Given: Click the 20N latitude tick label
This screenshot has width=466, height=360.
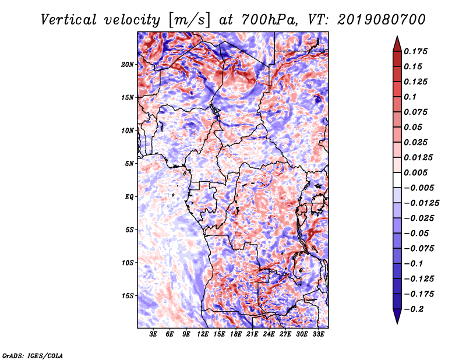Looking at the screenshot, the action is (x=127, y=65).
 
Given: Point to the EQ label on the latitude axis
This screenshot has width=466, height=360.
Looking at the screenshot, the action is (x=129, y=197).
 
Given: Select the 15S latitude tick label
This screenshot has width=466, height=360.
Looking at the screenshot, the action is (x=128, y=296).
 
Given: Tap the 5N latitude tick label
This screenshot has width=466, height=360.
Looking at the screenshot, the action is (x=129, y=164).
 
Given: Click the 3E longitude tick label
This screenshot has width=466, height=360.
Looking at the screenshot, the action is (x=153, y=334).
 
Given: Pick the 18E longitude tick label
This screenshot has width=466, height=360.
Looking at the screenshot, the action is (x=236, y=334).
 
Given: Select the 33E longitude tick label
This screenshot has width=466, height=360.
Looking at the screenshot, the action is (x=318, y=334).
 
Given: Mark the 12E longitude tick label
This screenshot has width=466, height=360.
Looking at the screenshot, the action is (x=203, y=334).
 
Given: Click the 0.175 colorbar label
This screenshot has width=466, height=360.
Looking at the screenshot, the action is (x=415, y=51).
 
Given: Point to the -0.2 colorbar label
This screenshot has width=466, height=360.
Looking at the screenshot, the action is (x=414, y=309).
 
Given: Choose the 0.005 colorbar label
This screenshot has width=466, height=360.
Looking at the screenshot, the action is (x=415, y=172).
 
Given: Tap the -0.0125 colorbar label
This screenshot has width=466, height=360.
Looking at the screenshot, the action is (x=421, y=203).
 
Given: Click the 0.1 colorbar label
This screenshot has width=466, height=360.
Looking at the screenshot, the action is (x=410, y=97).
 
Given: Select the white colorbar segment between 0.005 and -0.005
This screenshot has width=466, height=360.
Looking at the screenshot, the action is (x=397, y=180).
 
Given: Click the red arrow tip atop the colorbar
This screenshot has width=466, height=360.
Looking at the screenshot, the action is (x=397, y=37).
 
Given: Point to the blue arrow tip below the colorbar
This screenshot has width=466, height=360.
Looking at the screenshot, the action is (x=397, y=323).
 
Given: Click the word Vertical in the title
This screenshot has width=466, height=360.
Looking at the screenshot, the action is (x=69, y=20).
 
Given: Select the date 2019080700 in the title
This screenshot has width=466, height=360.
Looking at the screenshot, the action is (x=382, y=20).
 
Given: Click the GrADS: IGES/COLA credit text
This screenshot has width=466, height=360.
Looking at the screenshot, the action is (x=33, y=355).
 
